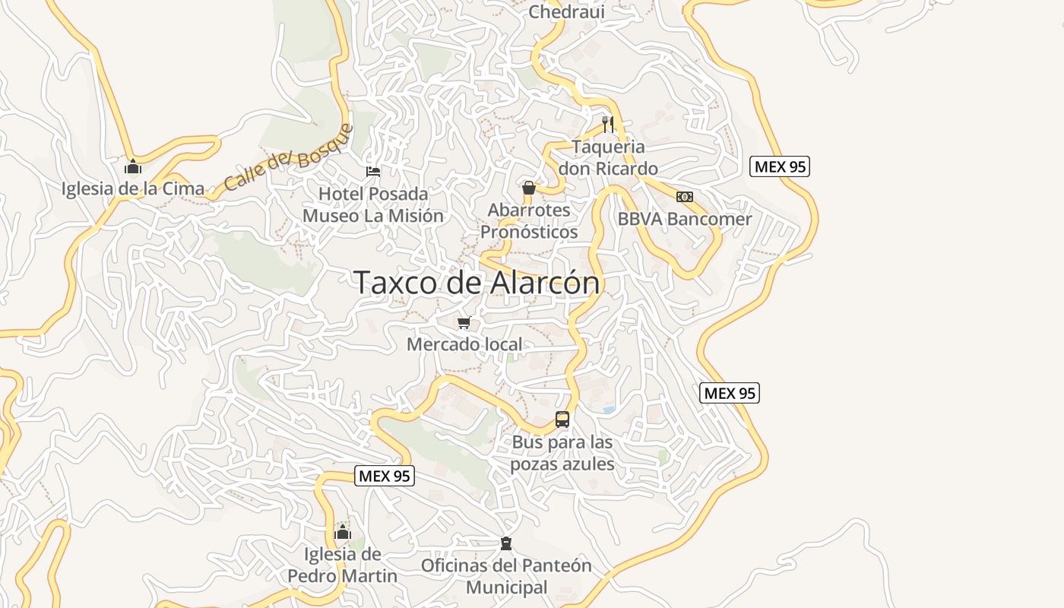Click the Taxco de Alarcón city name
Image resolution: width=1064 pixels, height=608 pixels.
(477, 283)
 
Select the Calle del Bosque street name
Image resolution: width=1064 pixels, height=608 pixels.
(290, 158)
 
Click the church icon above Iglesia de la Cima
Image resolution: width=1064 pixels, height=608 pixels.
(133, 166)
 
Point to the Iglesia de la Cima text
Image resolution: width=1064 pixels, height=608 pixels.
(133, 188)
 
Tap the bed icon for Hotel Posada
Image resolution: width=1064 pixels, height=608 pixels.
(373, 171)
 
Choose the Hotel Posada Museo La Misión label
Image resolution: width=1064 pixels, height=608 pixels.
(373, 205)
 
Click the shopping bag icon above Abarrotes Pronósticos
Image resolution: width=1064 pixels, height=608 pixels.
(529, 188)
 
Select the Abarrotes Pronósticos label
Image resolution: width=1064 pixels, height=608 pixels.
(529, 220)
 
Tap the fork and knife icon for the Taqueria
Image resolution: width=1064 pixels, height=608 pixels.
(608, 125)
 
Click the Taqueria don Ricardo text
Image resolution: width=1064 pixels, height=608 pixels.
(608, 157)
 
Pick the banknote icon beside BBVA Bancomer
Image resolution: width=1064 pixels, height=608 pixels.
(685, 197)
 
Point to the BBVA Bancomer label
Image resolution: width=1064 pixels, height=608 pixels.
(685, 219)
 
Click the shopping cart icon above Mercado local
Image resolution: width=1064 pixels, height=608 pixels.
(464, 323)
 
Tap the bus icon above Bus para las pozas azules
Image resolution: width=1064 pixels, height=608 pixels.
(562, 419)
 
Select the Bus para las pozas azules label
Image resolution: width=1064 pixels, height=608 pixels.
(562, 452)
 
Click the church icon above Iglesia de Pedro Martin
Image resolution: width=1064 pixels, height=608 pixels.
(343, 532)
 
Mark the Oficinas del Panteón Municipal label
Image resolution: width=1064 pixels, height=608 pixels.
(506, 576)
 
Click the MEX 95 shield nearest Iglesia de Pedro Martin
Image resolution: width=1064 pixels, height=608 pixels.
(385, 477)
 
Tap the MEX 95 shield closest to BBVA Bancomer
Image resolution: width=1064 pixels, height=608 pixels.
(780, 166)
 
